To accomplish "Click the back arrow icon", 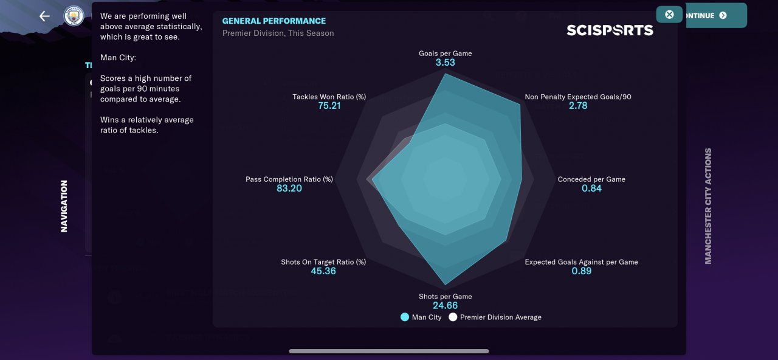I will [44, 16].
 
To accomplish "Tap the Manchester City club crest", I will [74, 16].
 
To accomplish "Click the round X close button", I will [669, 15].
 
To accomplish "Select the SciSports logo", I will [610, 30].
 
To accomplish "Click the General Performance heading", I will [274, 21].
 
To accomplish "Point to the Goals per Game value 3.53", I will [445, 63].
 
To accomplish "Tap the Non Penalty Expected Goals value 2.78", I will [578, 106].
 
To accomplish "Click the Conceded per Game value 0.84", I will [591, 189].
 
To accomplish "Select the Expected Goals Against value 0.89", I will [581, 271].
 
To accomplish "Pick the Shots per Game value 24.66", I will [445, 305].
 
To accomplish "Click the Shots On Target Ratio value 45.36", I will [323, 271].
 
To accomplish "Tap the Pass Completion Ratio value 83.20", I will [289, 189].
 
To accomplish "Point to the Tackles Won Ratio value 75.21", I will [329, 106].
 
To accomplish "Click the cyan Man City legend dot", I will [405, 317].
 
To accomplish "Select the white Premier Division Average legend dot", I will [453, 317].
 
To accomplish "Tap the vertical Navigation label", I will [64, 206].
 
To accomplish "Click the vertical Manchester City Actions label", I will [708, 206].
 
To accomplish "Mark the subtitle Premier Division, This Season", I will [278, 33].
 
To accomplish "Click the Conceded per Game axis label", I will [591, 179].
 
